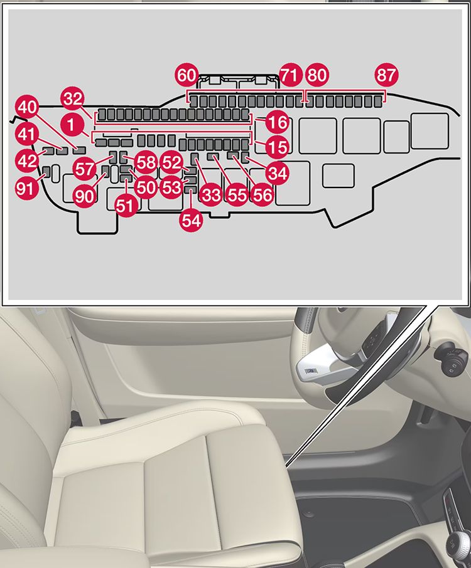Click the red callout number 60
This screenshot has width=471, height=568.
[187, 76]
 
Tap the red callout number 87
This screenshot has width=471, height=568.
[387, 76]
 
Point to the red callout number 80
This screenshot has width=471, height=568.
[317, 76]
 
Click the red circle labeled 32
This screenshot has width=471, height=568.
[72, 98]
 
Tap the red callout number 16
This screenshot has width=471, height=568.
[276, 120]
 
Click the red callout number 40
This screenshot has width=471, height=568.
[27, 107]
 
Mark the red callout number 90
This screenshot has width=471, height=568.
[84, 196]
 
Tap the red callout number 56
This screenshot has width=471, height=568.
[262, 195]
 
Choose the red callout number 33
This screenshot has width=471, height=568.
[211, 195]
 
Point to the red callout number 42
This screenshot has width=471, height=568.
[27, 160]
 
